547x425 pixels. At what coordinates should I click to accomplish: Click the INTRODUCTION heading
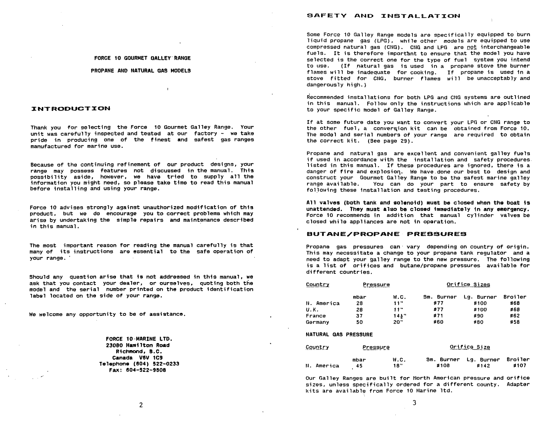pyautogui.click(x=71, y=108)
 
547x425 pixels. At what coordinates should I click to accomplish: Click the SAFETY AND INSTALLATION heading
pyautogui.click(x=383, y=16)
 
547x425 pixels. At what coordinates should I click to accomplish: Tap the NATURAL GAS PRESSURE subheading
pyautogui.click(x=339, y=335)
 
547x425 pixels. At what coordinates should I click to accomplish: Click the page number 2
pyautogui.click(x=141, y=405)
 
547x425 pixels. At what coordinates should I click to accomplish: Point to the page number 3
pyautogui.click(x=414, y=403)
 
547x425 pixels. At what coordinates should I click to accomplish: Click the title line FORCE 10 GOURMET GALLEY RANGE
pyautogui.click(x=142, y=58)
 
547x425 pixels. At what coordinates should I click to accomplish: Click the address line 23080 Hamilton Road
pyautogui.click(x=138, y=345)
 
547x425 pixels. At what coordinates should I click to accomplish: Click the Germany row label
pyautogui.click(x=317, y=322)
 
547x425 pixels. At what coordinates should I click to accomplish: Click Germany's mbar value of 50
pyautogui.click(x=360, y=322)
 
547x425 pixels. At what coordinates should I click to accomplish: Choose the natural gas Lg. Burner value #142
pyautogui.click(x=483, y=366)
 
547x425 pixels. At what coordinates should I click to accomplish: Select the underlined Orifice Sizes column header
pyautogui.click(x=468, y=285)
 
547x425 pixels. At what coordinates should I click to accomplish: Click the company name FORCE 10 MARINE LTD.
pyautogui.click(x=139, y=339)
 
